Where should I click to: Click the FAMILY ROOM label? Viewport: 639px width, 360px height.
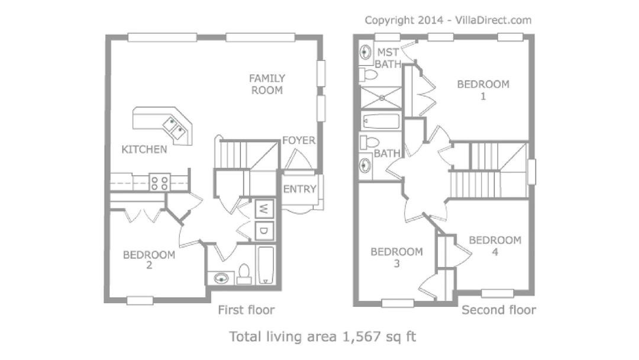pos(267,85)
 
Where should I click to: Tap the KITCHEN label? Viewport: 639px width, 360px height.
pos(144,150)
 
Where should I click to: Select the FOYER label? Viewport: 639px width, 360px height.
pos(299,140)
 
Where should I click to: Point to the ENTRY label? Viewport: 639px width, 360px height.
pos(299,189)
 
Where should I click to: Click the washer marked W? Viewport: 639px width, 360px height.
pos(264,209)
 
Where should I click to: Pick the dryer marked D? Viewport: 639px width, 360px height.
pos(264,231)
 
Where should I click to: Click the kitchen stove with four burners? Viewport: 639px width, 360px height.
pos(159,182)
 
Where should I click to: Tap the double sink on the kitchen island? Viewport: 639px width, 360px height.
pos(175,127)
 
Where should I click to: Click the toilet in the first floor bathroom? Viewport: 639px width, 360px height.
pos(244,274)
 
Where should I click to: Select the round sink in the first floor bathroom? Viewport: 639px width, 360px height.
pos(221,279)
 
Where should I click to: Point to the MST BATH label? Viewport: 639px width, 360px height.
pos(388,58)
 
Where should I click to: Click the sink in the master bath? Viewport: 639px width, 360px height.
pos(366,52)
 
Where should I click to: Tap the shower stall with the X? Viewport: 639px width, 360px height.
pos(381,98)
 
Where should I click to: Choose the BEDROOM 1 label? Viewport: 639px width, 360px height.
pos(483,90)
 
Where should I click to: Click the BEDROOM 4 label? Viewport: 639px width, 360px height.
pos(495,246)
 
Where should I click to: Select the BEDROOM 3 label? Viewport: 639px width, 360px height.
pos(396,258)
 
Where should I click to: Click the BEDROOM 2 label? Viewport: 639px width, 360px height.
pos(149,260)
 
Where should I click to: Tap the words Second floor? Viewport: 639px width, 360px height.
pos(498,310)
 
